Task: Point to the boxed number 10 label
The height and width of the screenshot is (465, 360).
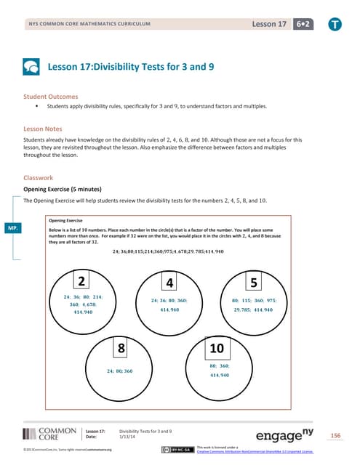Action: [217, 349]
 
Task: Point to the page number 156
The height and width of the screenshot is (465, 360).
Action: [335, 436]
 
